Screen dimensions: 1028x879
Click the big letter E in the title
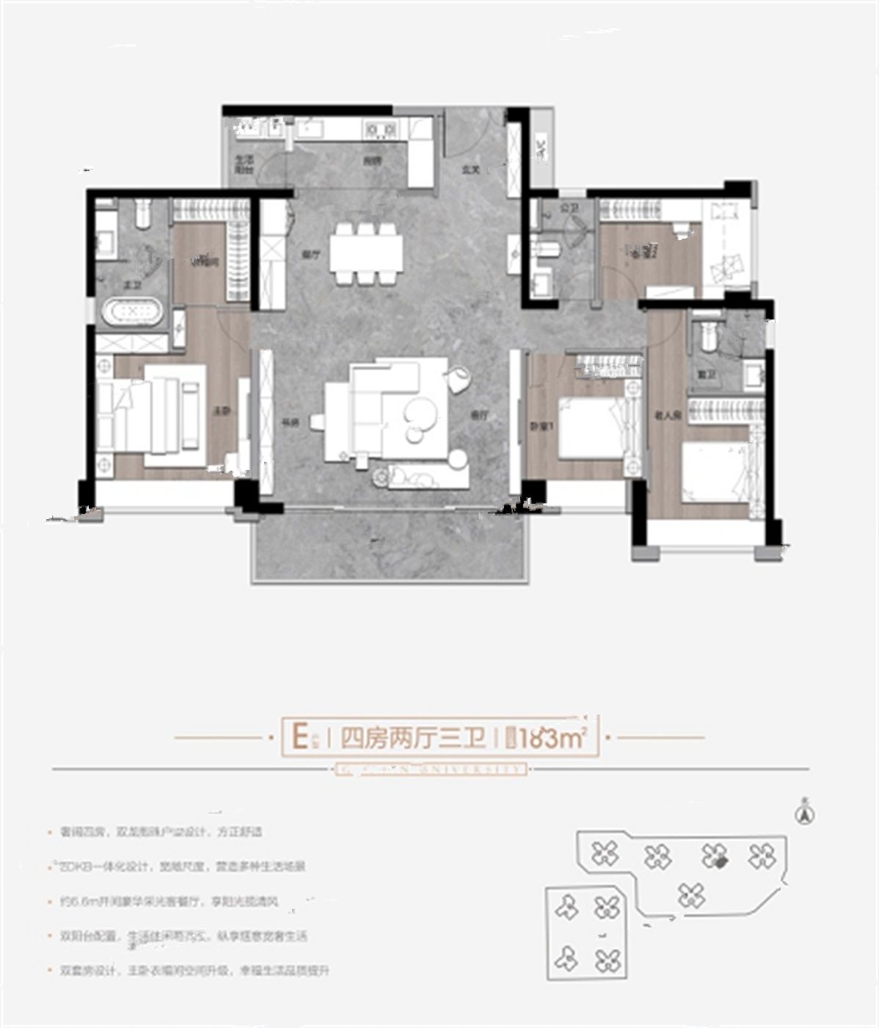pyautogui.click(x=299, y=736)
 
